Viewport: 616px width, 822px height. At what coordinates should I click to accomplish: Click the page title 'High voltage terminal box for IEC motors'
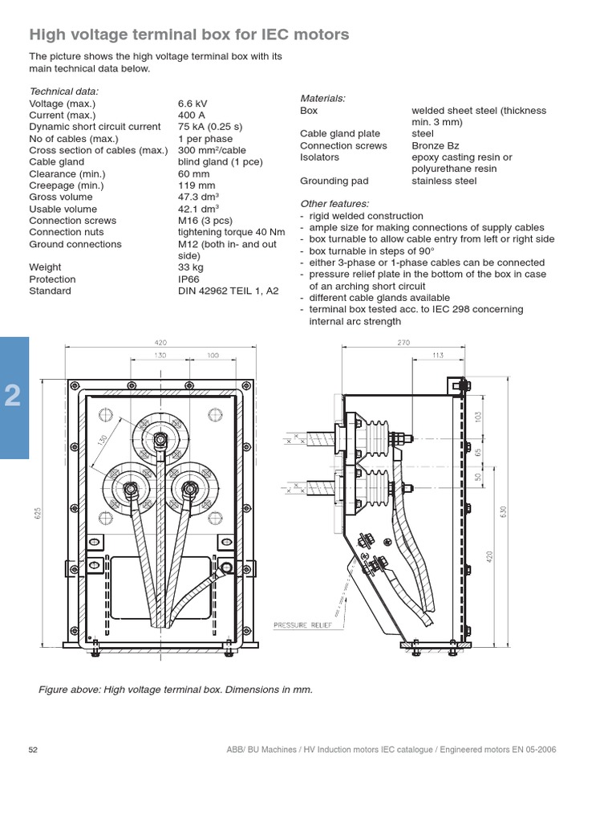188,35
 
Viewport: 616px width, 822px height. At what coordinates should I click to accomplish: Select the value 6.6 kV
192,104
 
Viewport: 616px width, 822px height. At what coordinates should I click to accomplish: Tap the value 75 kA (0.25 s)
210,127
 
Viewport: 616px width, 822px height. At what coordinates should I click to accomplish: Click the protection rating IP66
189,279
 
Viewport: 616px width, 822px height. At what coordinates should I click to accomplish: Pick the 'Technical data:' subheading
64,92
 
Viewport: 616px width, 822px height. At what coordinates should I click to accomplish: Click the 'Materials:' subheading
322,98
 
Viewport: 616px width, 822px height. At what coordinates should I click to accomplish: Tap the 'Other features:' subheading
334,204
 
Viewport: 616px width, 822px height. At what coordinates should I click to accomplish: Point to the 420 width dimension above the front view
161,342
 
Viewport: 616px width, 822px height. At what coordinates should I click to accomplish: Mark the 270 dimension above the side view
403,342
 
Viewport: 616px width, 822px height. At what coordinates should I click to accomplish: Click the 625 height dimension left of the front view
36,514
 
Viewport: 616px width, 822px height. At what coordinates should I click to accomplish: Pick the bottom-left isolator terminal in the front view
130,486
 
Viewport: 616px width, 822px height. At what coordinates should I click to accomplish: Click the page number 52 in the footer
34,750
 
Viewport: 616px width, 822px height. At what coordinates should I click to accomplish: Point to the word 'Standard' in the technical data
50,291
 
